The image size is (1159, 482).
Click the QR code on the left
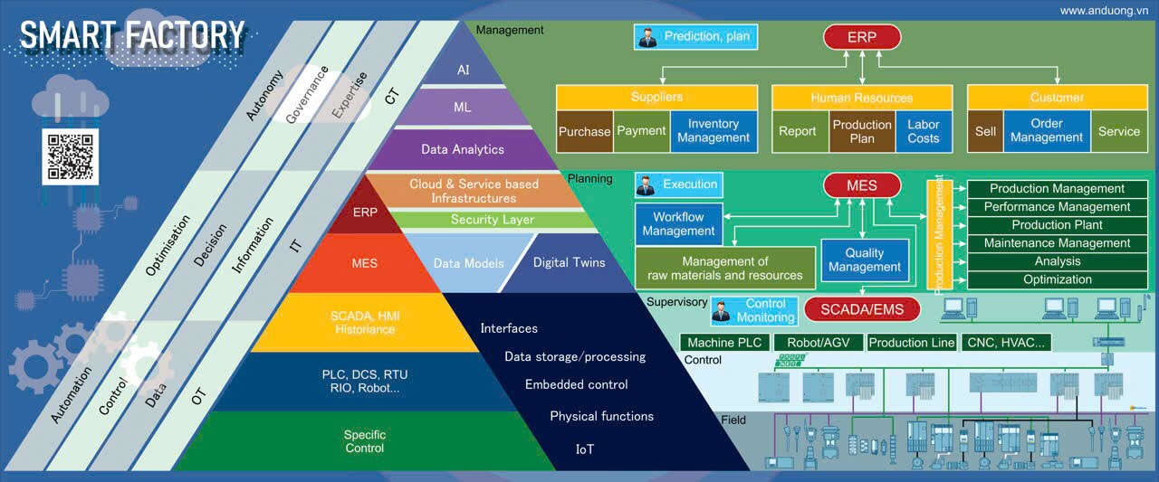coord(69,156)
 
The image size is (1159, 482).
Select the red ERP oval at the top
coord(861,37)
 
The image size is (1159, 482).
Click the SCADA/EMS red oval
coord(861,309)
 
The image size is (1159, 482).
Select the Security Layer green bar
coord(492,220)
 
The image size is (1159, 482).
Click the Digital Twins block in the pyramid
coord(569,263)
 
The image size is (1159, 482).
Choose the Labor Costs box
coord(923,131)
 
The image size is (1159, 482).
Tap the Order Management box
coord(1046,130)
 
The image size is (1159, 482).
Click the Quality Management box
coord(864,260)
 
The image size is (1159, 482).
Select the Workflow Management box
coord(678,224)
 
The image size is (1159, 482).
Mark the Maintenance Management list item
coord(1057,243)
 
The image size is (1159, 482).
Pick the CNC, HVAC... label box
coord(1007,343)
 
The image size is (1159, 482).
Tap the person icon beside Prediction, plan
coord(647,37)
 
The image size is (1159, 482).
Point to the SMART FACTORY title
coord(132,35)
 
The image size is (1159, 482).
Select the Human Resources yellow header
coord(861,97)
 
